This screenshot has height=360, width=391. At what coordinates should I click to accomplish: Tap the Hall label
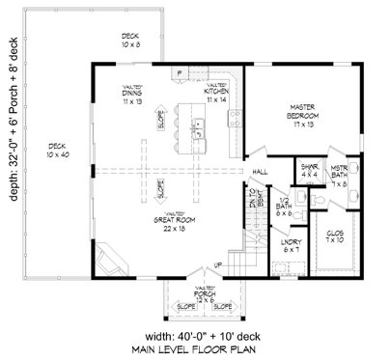pos(261,172)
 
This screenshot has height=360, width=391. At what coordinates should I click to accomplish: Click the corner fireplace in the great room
pos(112,259)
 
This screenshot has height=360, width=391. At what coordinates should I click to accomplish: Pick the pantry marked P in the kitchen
pos(179,72)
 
